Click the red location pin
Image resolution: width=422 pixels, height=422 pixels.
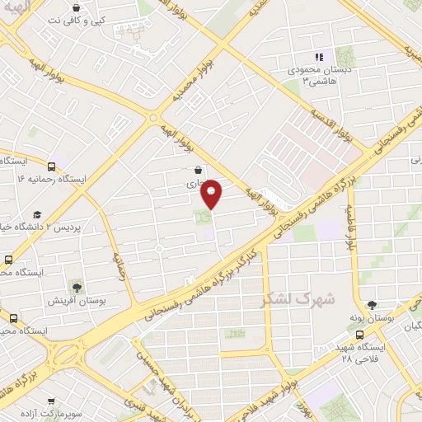(x=212, y=193)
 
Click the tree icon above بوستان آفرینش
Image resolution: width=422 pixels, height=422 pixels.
(x=77, y=288)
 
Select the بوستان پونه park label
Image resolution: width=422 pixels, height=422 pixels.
(x=395, y=316)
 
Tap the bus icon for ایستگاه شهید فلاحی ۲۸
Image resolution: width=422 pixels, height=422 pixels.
(x=359, y=335)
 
